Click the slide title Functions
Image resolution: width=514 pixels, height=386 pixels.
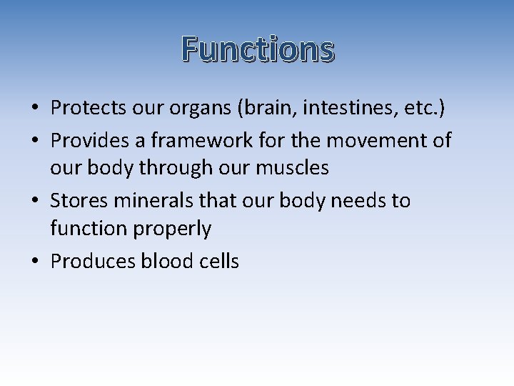(x=257, y=49)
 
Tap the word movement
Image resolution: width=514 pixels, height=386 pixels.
(x=373, y=140)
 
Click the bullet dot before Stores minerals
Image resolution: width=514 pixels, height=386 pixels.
(x=34, y=202)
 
